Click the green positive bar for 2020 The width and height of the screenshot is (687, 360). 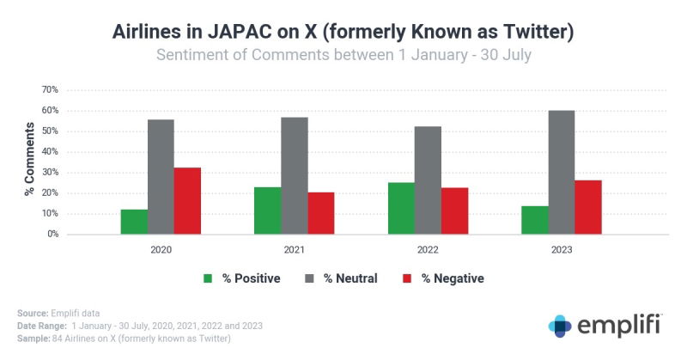[x=134, y=222]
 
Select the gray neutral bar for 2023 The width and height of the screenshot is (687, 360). [x=562, y=172]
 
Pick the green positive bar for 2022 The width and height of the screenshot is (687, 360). [x=401, y=208]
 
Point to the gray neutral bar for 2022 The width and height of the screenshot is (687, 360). [x=428, y=180]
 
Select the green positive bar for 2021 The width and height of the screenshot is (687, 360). [x=267, y=211]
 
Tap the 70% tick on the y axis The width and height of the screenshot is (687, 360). [x=50, y=89]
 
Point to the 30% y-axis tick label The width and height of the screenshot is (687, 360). [x=50, y=172]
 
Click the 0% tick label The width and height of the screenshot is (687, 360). [x=52, y=234]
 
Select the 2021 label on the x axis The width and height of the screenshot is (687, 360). [x=294, y=250]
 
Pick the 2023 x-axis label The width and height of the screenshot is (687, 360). [x=562, y=250]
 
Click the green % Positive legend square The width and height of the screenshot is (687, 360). [x=207, y=278]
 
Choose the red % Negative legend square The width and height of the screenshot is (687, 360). [x=406, y=278]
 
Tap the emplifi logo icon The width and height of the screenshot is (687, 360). [x=561, y=326]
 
